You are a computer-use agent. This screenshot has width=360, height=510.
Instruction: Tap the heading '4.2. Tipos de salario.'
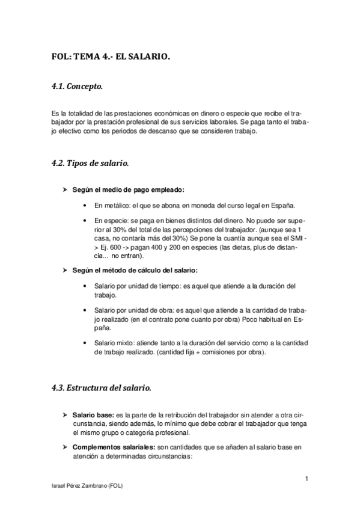click(x=90, y=163)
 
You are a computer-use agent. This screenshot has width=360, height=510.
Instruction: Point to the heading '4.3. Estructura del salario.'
click(x=102, y=388)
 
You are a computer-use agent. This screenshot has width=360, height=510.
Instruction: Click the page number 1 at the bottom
click(x=307, y=478)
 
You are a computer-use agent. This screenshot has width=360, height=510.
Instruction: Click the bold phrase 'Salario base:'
click(x=93, y=416)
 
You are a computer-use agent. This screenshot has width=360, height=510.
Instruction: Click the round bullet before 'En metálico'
click(x=89, y=205)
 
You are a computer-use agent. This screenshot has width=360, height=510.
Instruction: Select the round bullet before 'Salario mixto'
click(x=89, y=343)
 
